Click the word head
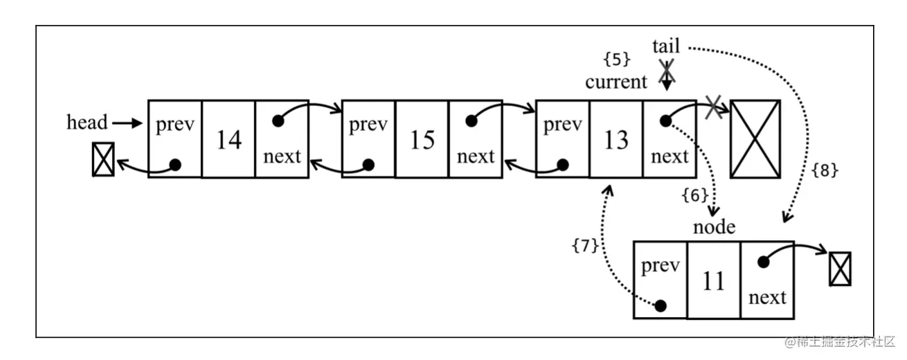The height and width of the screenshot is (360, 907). pyautogui.click(x=87, y=123)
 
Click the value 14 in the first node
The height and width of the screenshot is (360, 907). pyautogui.click(x=228, y=139)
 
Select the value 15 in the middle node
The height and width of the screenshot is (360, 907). pyautogui.click(x=422, y=139)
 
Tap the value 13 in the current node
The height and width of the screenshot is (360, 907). pyautogui.click(x=616, y=139)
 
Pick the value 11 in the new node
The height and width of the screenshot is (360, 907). pyautogui.click(x=713, y=280)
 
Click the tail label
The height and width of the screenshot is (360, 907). pyautogui.click(x=666, y=46)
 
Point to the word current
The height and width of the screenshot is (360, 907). pyautogui.click(x=616, y=82)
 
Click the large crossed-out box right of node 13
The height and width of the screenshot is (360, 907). pyautogui.click(x=755, y=139)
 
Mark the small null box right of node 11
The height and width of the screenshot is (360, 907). pyautogui.click(x=841, y=269)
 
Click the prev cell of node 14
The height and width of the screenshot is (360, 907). pyautogui.click(x=175, y=139)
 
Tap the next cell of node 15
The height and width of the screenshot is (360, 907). pyautogui.click(x=476, y=139)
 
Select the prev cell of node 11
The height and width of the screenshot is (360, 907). pyautogui.click(x=660, y=280)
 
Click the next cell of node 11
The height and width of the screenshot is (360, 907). pyautogui.click(x=767, y=280)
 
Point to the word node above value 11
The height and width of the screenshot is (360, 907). pyautogui.click(x=715, y=226)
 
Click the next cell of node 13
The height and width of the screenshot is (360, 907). pyautogui.click(x=670, y=139)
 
